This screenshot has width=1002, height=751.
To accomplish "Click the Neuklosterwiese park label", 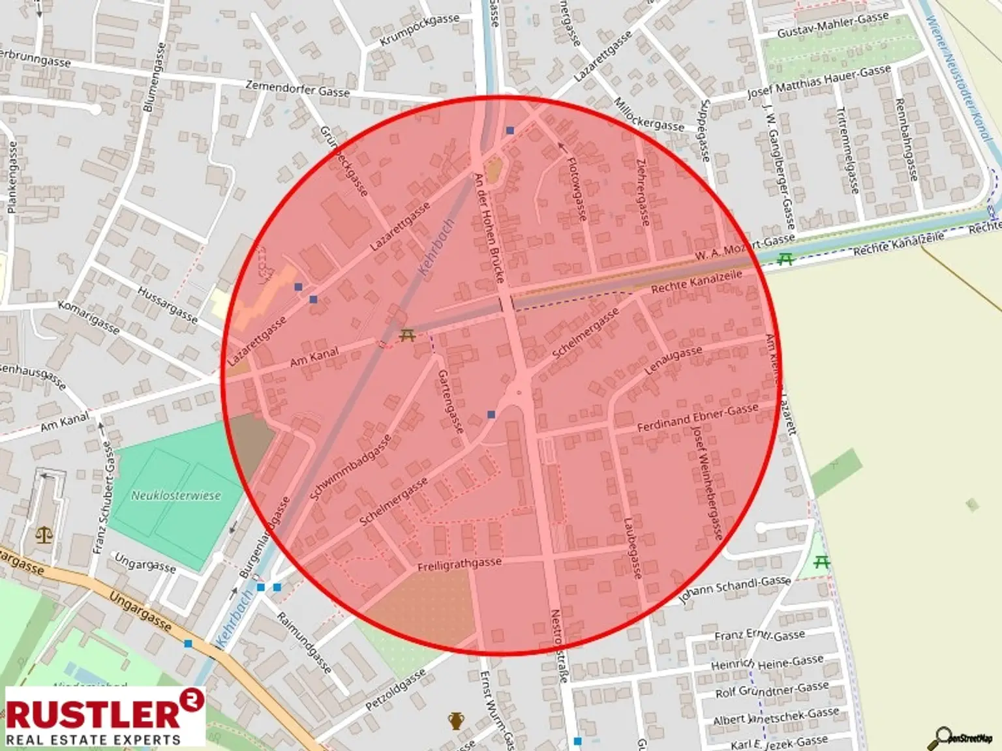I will click(176, 495).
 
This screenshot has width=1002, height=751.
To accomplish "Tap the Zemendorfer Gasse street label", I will click(297, 88).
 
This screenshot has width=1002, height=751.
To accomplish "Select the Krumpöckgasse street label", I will click(419, 30).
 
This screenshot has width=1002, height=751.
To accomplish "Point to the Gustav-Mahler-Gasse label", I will click(832, 25).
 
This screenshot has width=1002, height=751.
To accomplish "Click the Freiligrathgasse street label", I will click(459, 564).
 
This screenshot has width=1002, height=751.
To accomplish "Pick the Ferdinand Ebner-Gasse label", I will click(697, 418).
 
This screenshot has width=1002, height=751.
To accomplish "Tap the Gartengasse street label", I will click(451, 402).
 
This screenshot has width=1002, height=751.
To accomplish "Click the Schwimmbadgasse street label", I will click(351, 467).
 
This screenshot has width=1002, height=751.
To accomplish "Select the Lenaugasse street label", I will click(673, 360).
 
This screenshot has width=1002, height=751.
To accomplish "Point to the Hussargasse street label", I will click(168, 304).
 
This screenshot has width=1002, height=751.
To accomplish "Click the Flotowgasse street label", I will click(577, 188).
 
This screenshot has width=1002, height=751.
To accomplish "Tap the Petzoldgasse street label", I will click(395, 690).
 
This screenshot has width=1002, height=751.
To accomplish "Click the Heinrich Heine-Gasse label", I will click(767, 662).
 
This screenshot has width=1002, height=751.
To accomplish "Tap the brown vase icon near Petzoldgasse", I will click(456, 721).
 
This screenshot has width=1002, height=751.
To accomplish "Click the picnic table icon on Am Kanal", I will click(408, 336).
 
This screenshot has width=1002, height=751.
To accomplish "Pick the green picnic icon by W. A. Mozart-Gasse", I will click(785, 259).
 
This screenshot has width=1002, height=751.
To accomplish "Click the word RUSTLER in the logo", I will click(93, 714).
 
